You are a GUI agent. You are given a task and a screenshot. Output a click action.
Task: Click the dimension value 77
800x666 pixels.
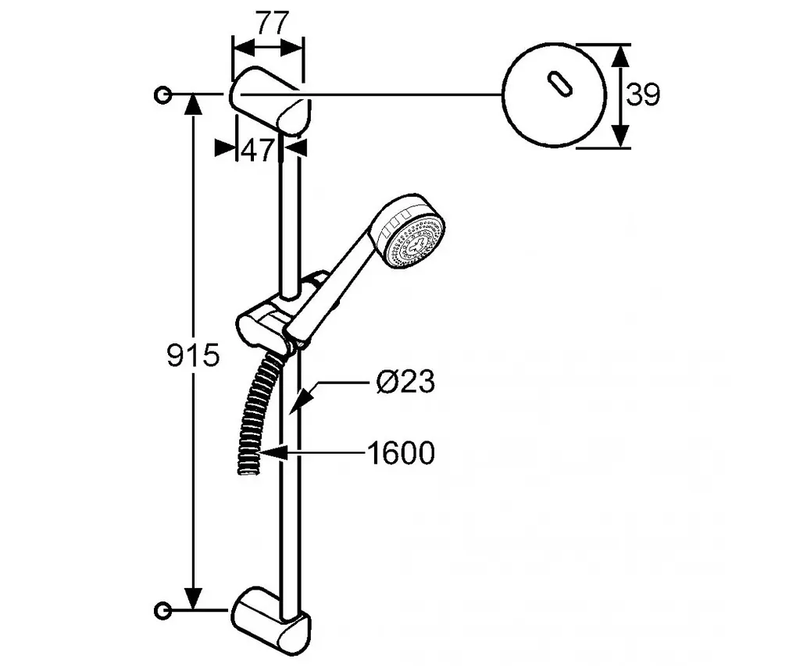tap(271, 23)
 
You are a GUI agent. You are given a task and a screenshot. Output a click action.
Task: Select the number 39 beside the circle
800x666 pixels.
tap(643, 94)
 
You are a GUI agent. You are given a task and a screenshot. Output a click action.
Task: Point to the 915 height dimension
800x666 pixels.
tap(194, 355)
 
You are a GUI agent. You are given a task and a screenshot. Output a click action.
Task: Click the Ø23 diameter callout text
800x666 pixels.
tap(405, 381)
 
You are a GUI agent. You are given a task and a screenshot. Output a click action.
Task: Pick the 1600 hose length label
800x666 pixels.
tap(401, 453)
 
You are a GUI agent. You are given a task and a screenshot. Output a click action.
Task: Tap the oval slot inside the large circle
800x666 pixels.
tap(559, 84)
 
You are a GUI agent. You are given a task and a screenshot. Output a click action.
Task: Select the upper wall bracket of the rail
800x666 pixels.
tap(270, 101)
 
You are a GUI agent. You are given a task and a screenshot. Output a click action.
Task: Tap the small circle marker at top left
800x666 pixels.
tap(162, 94)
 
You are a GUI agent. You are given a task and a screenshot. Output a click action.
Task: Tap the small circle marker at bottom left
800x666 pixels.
tap(162, 610)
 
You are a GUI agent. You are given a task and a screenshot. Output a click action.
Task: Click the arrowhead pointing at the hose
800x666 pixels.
tap(272, 452)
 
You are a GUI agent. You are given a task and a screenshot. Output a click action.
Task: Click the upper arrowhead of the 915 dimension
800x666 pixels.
tap(193, 104)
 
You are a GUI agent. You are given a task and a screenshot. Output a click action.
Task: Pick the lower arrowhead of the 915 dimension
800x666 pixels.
tap(193, 598)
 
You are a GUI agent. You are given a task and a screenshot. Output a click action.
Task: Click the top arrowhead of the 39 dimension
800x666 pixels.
tap(620, 56)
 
